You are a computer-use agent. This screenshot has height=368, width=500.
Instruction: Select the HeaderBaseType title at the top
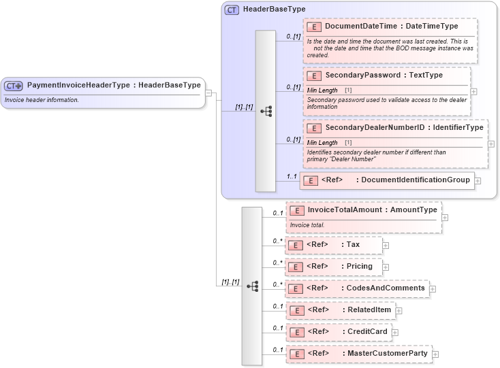274,10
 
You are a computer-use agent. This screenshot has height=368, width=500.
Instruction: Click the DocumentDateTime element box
391,27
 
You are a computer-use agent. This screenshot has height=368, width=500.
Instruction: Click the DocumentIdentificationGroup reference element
387,180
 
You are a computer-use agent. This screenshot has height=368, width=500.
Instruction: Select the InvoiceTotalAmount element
363,210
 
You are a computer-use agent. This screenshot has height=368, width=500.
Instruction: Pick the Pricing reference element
333,267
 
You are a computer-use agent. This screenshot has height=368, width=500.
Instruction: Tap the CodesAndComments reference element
357,288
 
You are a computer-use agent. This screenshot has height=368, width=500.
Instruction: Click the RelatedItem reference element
340,310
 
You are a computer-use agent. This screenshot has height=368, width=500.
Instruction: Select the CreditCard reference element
338,332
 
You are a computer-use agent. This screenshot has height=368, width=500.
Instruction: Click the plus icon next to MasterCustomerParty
436,354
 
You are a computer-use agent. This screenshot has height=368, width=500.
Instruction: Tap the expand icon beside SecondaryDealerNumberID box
491,144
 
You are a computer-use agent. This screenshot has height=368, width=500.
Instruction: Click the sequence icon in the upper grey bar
266,111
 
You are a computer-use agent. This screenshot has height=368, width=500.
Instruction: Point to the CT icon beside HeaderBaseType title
232,10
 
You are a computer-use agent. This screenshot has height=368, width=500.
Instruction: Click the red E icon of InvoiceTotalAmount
296,210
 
